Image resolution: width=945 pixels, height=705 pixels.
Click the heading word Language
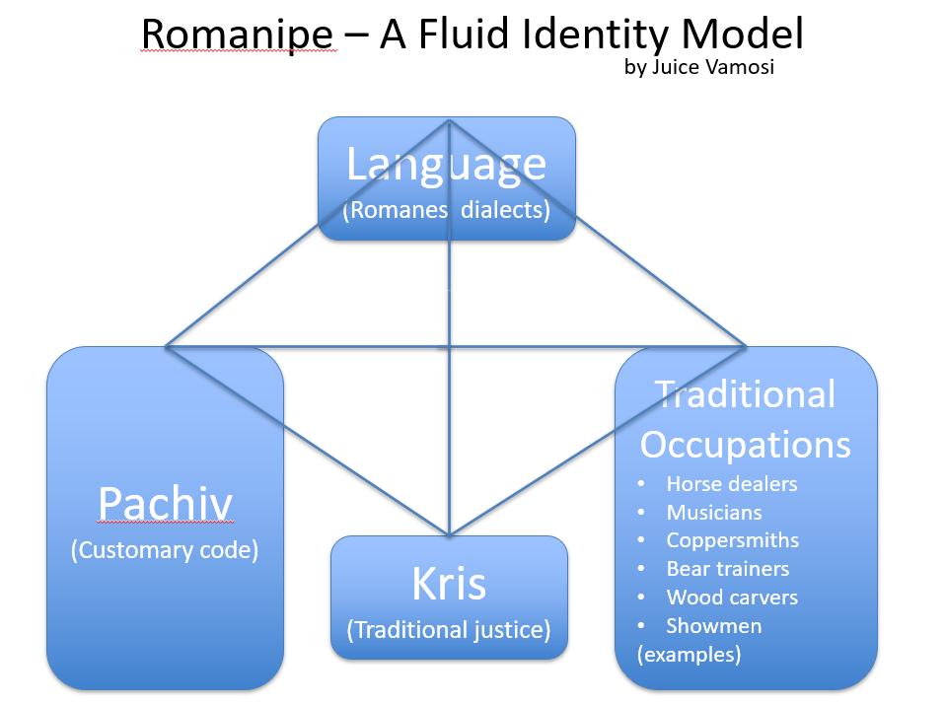pyautogui.click(x=446, y=164)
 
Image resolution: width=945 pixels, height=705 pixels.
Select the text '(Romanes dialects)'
pyautogui.click(x=446, y=209)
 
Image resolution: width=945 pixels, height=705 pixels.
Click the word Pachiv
pyautogui.click(x=165, y=504)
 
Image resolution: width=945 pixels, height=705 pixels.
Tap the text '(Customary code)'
pyautogui.click(x=165, y=550)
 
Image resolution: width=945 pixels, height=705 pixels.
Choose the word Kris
pyautogui.click(x=449, y=584)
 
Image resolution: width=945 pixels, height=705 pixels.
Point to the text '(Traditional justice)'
pyautogui.click(x=449, y=629)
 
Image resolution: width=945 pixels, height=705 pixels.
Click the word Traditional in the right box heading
pyautogui.click(x=746, y=394)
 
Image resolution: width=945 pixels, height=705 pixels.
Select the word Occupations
pyautogui.click(x=746, y=444)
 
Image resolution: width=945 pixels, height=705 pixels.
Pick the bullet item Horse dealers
pyautogui.click(x=731, y=484)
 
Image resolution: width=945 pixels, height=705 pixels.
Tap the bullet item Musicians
pyautogui.click(x=714, y=513)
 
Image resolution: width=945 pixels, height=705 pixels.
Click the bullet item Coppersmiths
pyautogui.click(x=732, y=540)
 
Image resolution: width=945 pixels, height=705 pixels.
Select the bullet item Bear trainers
pyautogui.click(x=727, y=569)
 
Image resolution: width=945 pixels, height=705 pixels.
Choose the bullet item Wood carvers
pyautogui.click(x=732, y=598)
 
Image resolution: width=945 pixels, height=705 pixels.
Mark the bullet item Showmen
pyautogui.click(x=713, y=626)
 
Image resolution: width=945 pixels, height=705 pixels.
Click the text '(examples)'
pyautogui.click(x=689, y=654)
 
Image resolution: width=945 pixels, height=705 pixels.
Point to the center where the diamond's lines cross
pyautogui.click(x=450, y=346)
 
